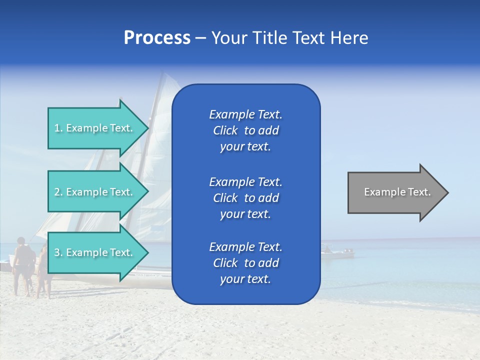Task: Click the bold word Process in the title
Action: tap(157, 38)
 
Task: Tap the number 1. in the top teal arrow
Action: tap(58, 128)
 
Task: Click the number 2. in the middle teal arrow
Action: tap(58, 192)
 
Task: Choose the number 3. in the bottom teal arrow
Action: tap(58, 252)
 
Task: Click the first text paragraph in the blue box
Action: tap(245, 130)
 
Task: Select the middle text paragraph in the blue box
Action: tap(245, 197)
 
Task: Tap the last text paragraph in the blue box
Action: tap(245, 263)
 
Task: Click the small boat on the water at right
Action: tap(337, 253)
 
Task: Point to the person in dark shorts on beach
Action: tap(22, 265)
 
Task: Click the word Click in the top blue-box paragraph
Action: tap(225, 130)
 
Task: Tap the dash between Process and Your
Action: tap(200, 38)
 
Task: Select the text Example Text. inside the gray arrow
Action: tap(397, 192)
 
